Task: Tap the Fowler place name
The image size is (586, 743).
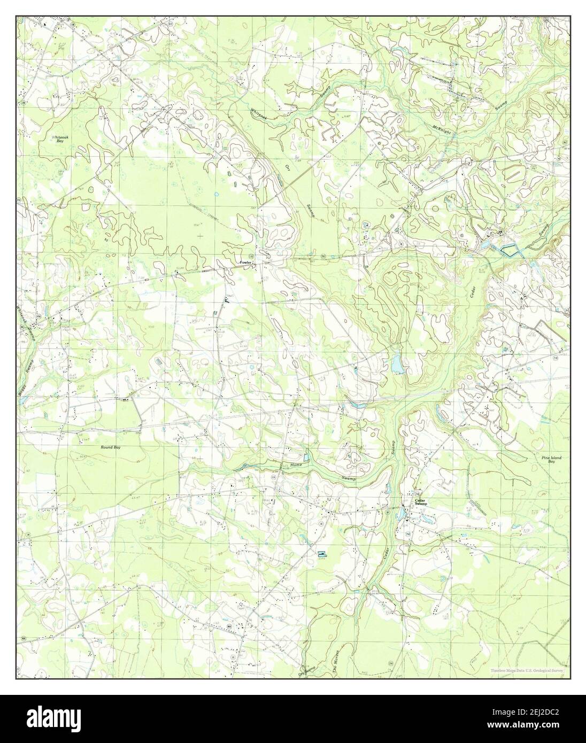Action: [x=245, y=262]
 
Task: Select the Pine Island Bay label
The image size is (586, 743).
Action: [x=551, y=459]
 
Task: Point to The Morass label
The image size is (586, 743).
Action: [x=337, y=665]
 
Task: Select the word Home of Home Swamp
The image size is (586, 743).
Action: [x=296, y=465]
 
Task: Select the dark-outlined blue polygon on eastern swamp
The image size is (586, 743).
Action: [x=511, y=249]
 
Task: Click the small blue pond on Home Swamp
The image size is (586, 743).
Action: [x=306, y=456]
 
